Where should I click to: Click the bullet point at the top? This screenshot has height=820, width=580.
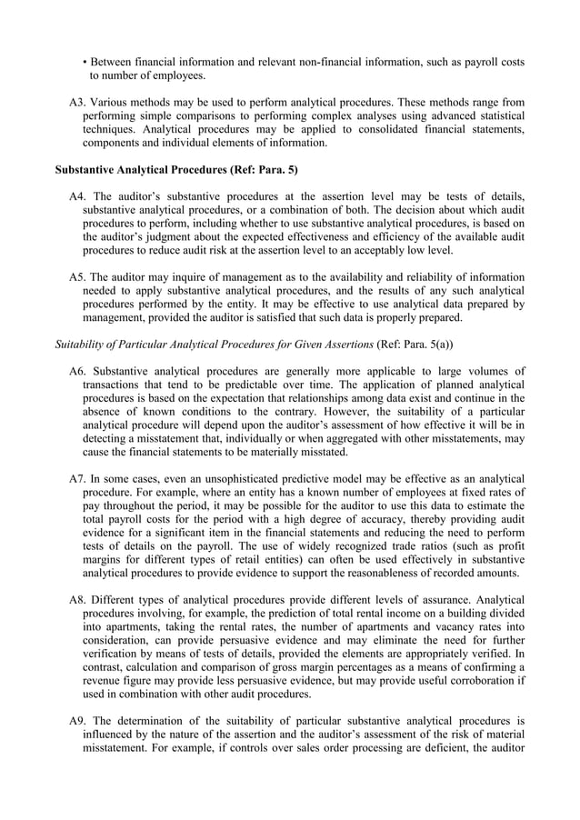tap(85, 62)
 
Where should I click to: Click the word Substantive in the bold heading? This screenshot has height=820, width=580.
tap(89, 170)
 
